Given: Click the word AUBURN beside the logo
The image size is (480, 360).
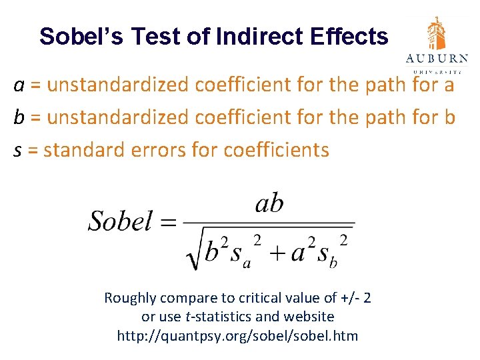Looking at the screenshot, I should (437, 59).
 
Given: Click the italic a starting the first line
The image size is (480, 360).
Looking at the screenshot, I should (20, 86).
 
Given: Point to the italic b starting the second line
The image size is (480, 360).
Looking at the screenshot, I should (19, 117).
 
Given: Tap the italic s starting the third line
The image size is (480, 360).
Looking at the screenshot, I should (18, 150).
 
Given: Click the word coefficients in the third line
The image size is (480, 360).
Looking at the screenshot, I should (277, 150).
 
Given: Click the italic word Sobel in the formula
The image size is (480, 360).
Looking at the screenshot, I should (120, 221).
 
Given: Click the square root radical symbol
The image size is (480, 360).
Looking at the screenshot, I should (194, 252).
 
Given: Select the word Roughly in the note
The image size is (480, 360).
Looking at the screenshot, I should (129, 298).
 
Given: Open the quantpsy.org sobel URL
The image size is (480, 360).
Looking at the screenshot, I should (237, 335).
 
